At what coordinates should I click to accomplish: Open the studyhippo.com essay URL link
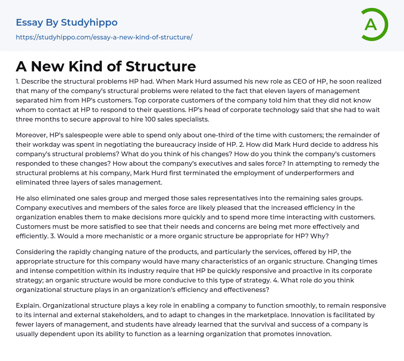104,37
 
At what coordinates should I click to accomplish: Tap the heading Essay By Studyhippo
67,22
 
